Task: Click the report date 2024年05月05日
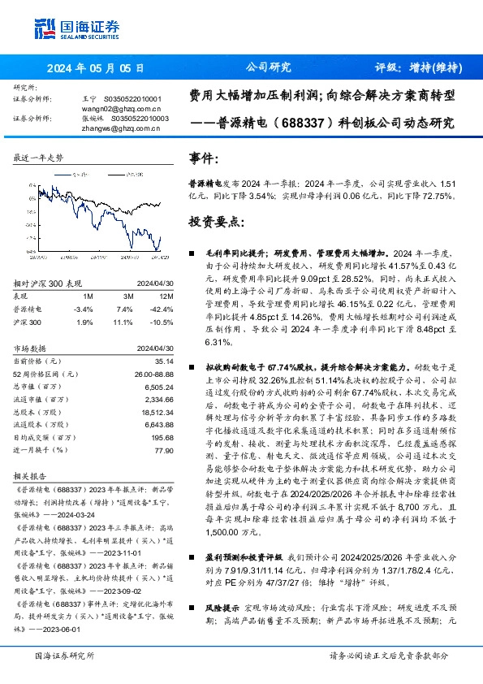[97, 67]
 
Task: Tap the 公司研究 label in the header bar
[268, 67]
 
